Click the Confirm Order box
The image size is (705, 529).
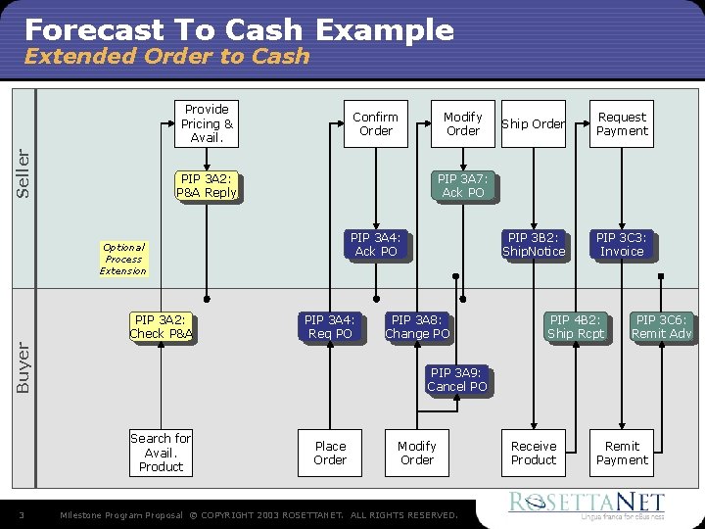point(376,123)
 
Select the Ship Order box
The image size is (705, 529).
point(534,123)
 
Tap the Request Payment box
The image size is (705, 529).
point(622,123)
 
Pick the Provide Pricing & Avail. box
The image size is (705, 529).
point(207,123)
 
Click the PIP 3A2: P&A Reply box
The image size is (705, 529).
point(207,186)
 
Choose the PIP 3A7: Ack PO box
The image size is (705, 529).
point(462,186)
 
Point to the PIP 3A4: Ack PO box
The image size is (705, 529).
point(376,245)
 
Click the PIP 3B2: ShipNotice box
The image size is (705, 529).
point(534,245)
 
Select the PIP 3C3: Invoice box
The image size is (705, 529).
point(622,245)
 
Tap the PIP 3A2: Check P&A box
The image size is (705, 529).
point(162,327)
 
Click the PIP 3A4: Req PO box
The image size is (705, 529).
point(330,327)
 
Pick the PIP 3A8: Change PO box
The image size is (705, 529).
point(417,327)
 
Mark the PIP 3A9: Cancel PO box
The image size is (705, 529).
point(456,380)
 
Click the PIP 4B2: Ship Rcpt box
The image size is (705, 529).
point(576,327)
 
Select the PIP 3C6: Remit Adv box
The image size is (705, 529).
point(662,327)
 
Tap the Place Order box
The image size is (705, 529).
point(330,453)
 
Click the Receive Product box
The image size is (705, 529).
point(534,453)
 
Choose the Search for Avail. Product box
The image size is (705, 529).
point(162,453)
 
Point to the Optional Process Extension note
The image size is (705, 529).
point(123,260)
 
